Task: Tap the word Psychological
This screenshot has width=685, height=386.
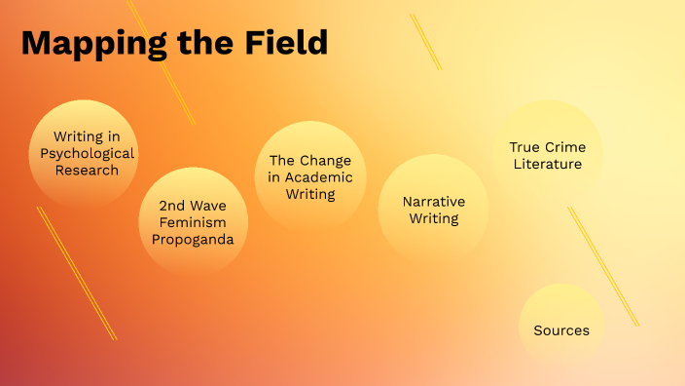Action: coord(87,153)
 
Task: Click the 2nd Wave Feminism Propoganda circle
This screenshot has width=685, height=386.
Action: coord(193,220)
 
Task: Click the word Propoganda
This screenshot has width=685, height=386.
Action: coord(193,240)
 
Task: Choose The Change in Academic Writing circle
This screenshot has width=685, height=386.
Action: coord(309,176)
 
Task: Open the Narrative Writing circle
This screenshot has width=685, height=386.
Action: coord(433,209)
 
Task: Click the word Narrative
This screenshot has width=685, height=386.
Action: coord(434,201)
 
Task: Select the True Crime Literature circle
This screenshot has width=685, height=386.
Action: coord(548,154)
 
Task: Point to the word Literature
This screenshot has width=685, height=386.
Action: coord(548,164)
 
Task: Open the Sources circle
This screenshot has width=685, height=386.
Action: coord(561,329)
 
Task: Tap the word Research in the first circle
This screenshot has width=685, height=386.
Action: coord(87,170)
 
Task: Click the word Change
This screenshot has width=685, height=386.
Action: coord(326,160)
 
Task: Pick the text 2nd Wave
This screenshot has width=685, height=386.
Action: coord(193,206)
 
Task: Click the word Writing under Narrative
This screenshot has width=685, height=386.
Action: coord(434,218)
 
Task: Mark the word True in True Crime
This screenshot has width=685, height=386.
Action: coord(524,147)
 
